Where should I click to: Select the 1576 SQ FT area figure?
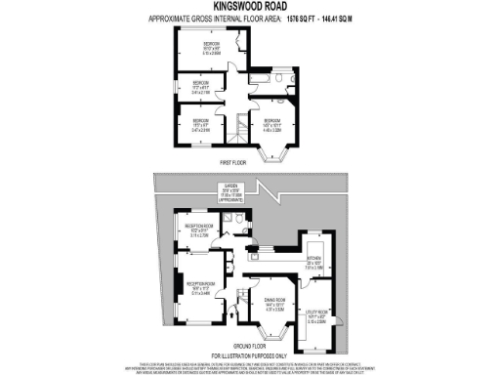click(x=293, y=19)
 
